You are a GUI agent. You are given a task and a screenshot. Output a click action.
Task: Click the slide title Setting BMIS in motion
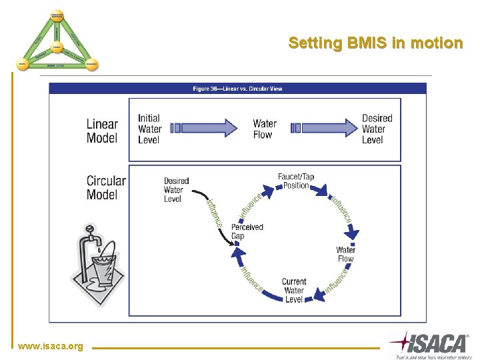click(375, 43)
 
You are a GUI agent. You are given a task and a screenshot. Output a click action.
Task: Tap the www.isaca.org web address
click(51, 346)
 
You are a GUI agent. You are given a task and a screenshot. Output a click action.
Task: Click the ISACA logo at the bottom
click(430, 344)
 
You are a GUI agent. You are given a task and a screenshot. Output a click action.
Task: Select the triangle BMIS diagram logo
click(57, 41)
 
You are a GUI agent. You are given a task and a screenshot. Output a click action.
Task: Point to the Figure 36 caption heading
click(237, 89)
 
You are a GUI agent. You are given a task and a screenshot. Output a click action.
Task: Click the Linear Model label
click(102, 131)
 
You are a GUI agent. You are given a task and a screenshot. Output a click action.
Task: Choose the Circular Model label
click(105, 187)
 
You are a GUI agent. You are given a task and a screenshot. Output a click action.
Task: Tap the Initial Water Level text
click(150, 129)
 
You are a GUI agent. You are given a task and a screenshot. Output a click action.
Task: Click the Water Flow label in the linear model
click(265, 129)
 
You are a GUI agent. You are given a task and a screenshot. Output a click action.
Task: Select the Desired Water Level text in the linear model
click(377, 129)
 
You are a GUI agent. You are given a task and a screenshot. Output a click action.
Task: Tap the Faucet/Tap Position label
click(296, 181)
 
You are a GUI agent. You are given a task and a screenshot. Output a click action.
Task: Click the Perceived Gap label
click(247, 231)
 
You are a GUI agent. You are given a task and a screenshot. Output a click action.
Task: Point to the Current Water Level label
click(294, 291)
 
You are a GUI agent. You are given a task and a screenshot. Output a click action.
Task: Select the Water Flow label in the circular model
click(345, 254)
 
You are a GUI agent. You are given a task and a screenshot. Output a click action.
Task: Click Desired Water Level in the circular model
click(176, 189)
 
